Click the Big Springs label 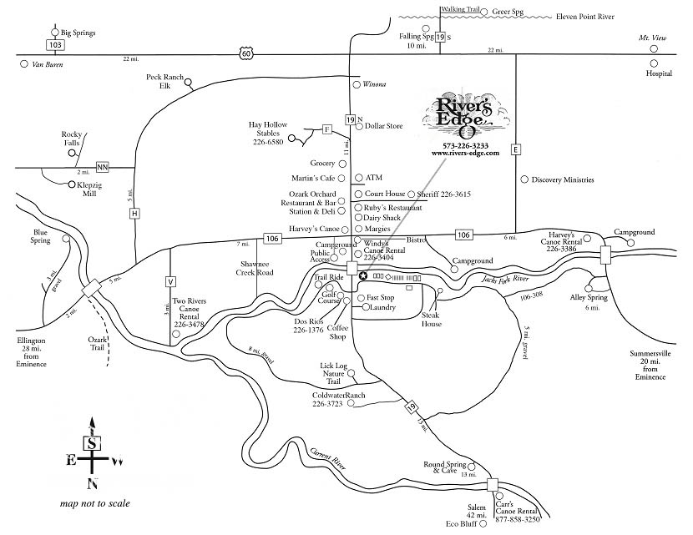(78, 33)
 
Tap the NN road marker (103, 167)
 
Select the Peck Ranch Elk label (164, 80)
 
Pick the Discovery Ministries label (564, 179)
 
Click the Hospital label (659, 73)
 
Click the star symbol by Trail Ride (362, 275)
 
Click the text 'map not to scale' (94, 504)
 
